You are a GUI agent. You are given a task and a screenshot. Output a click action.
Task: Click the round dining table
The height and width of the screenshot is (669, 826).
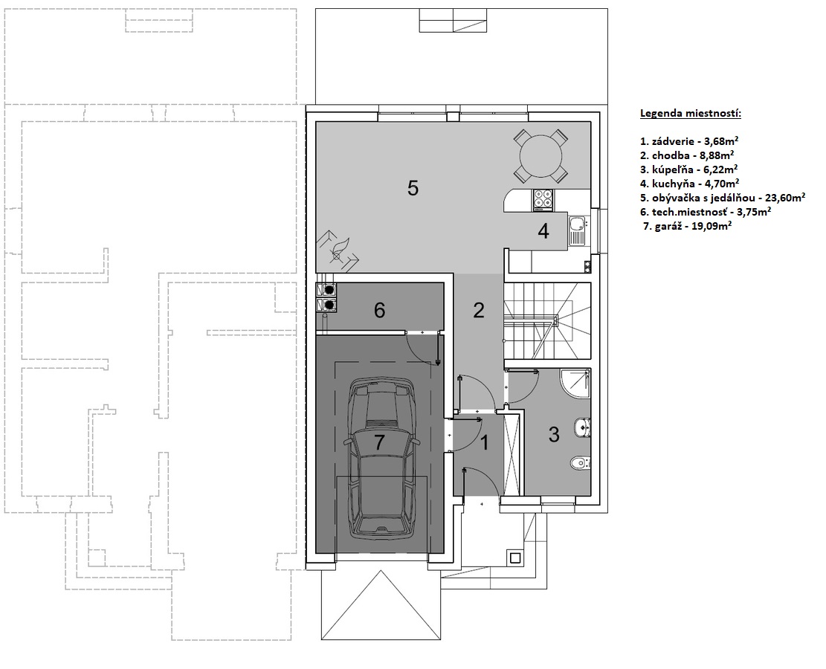pyautogui.click(x=541, y=155)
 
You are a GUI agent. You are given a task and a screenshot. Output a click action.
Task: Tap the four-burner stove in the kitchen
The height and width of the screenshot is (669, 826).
pyautogui.click(x=543, y=200)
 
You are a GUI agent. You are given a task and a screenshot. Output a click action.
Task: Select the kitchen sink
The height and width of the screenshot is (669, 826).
pyautogui.click(x=578, y=232)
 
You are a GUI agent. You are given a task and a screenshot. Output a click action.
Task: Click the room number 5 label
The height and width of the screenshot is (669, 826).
pyautogui.click(x=413, y=188)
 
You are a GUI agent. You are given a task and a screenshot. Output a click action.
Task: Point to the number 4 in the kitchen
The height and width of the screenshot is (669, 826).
pyautogui.click(x=543, y=230)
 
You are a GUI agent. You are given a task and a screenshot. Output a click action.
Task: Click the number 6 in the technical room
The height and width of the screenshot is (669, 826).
pyautogui.click(x=379, y=310)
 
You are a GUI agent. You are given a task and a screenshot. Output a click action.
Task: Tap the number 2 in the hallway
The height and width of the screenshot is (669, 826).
pyautogui.click(x=478, y=310)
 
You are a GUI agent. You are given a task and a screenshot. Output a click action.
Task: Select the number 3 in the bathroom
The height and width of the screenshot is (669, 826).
pyautogui.click(x=554, y=435)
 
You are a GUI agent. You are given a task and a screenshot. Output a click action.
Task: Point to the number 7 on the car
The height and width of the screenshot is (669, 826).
pyautogui.click(x=379, y=442)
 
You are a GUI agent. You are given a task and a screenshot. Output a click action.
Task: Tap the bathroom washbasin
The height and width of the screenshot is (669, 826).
pyautogui.click(x=583, y=427)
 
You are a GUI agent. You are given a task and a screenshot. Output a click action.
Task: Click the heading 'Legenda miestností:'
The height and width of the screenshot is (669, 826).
pyautogui.click(x=691, y=113)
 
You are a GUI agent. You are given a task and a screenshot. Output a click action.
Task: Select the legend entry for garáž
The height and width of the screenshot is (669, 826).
pyautogui.click(x=687, y=227)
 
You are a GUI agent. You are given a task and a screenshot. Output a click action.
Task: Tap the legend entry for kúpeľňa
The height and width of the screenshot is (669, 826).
pyautogui.click(x=688, y=169)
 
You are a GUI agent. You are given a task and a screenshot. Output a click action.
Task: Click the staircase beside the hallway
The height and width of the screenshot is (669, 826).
pyautogui.click(x=546, y=321)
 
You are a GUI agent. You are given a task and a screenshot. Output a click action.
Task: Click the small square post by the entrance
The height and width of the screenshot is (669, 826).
pyautogui.click(x=515, y=557)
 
